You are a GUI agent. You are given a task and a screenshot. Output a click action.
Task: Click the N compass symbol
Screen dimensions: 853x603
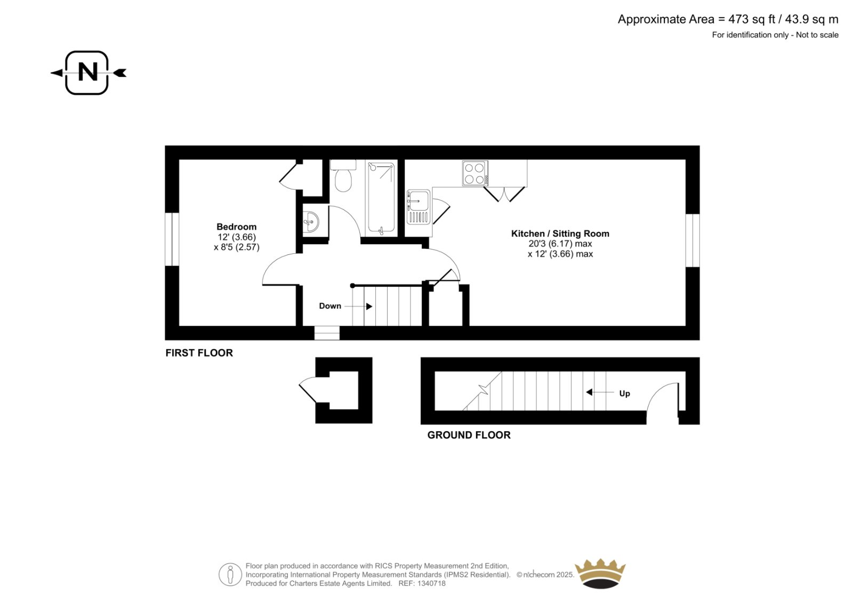87,73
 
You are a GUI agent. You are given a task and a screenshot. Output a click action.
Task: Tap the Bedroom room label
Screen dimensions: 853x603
237,227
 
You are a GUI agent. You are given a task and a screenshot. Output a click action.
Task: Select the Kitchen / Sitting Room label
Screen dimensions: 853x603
560,234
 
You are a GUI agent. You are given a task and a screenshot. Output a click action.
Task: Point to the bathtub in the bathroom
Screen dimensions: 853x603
381,198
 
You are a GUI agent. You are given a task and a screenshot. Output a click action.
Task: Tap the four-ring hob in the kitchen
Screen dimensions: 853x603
475,173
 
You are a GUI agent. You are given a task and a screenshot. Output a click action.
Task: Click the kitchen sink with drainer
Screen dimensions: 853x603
419,207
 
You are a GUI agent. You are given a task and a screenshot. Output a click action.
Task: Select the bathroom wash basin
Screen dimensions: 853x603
311,221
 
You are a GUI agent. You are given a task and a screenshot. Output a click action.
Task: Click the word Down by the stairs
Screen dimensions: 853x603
330,306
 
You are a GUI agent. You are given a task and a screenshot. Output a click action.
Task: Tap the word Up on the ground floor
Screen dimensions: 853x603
624,393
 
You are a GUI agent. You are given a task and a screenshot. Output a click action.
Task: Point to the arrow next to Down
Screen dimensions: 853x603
358,306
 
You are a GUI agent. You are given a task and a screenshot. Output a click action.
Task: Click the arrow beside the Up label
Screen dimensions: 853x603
600,392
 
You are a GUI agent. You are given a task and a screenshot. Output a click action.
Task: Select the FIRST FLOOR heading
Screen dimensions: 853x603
199,353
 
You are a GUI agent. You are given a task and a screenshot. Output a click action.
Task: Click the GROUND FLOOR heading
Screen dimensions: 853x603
469,435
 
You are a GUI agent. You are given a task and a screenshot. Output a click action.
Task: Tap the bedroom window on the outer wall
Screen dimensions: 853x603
172,239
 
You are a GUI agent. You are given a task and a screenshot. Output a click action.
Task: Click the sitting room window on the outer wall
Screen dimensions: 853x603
693,240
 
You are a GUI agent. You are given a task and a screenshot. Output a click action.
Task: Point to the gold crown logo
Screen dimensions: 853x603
600,573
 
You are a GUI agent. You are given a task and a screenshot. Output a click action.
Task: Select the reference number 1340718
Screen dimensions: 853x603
431,583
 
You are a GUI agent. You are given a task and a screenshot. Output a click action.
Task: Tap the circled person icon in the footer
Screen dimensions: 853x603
230,574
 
